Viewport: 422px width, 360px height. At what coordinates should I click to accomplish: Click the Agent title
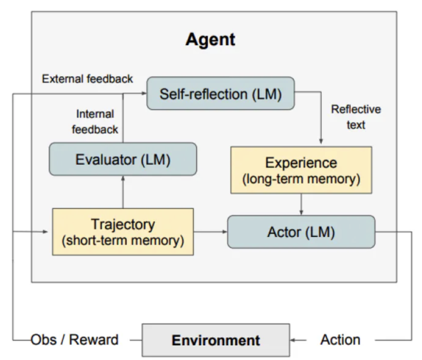(210, 40)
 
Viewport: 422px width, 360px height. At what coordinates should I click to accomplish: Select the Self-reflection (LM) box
(220, 93)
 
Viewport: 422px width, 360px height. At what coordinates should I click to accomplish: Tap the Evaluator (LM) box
(123, 159)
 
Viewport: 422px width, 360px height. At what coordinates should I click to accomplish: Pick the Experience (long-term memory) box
(301, 170)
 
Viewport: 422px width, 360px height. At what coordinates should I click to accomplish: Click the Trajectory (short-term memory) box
(123, 231)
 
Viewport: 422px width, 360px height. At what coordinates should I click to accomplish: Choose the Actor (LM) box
(301, 231)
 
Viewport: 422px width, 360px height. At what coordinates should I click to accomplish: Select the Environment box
(216, 340)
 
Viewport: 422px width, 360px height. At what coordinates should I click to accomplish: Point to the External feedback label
(88, 79)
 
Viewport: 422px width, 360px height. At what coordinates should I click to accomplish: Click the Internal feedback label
(95, 122)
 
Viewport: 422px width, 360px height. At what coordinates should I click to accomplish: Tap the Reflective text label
(356, 117)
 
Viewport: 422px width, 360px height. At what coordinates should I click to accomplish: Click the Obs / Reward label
(75, 340)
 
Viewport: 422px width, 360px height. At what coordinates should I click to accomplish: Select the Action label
(340, 340)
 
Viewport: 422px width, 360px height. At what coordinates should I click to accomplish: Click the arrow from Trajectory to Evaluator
(123, 192)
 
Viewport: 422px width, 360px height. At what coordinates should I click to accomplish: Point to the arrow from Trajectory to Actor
(211, 231)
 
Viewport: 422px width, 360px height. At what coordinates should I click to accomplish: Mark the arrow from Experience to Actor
(301, 204)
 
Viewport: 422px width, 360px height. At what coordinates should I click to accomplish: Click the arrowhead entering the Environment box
(293, 340)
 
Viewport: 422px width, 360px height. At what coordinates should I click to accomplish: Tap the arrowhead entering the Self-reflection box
(144, 93)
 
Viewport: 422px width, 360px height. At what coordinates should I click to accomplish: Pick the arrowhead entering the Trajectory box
(45, 231)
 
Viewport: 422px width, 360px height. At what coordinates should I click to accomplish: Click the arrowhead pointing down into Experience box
(321, 141)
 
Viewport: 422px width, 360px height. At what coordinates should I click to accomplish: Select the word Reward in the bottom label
(94, 340)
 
